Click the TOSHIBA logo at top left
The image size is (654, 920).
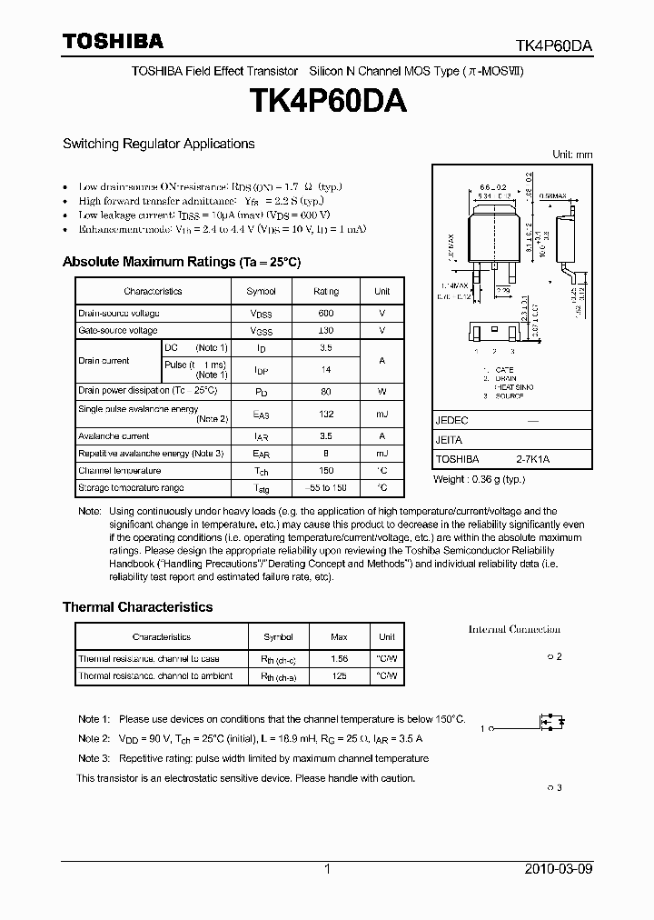coord(113,41)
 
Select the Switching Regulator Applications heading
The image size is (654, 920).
coord(158,144)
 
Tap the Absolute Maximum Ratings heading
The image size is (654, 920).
coord(181,262)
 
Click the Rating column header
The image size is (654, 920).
coord(326,291)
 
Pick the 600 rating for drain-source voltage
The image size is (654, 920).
coord(326,313)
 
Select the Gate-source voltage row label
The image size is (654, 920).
coord(118,331)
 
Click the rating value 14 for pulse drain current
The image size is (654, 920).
coord(326,370)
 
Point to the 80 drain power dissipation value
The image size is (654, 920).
coord(326,390)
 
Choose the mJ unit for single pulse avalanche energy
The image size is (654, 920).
coord(382,415)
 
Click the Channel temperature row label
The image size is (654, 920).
coord(120,471)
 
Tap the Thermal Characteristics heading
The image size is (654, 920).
coord(137,607)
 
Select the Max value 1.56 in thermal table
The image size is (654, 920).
coord(340,658)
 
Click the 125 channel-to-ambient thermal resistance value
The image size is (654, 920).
coord(340,675)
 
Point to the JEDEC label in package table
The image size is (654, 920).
coord(452,421)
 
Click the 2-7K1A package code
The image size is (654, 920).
coord(532,460)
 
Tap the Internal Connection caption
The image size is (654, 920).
coord(514,629)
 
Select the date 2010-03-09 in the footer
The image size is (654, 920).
coord(559,869)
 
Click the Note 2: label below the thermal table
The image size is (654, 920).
coord(94,738)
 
